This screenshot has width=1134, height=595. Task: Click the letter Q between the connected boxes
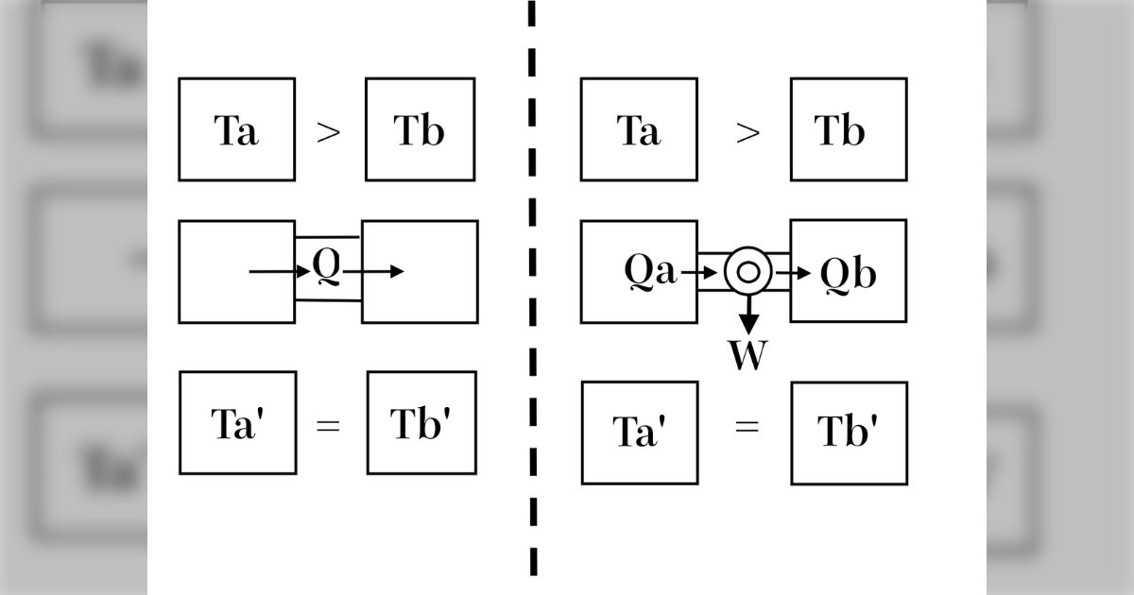[x=325, y=268]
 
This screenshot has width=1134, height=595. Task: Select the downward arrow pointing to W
[x=747, y=314]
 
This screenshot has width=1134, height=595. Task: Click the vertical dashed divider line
[x=533, y=283]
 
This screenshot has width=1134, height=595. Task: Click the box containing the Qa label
[x=639, y=271]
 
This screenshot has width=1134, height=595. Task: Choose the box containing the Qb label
[x=848, y=270]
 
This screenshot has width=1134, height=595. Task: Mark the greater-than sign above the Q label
[x=328, y=131]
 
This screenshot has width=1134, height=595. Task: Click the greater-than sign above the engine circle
[x=747, y=131]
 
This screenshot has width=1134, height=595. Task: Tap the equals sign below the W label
[x=747, y=426]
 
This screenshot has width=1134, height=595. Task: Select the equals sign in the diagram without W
[x=328, y=424]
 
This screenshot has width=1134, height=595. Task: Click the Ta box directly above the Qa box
[x=639, y=129]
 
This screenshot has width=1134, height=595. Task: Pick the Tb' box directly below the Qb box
[x=849, y=433]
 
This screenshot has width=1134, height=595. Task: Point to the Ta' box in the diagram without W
[x=237, y=422]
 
